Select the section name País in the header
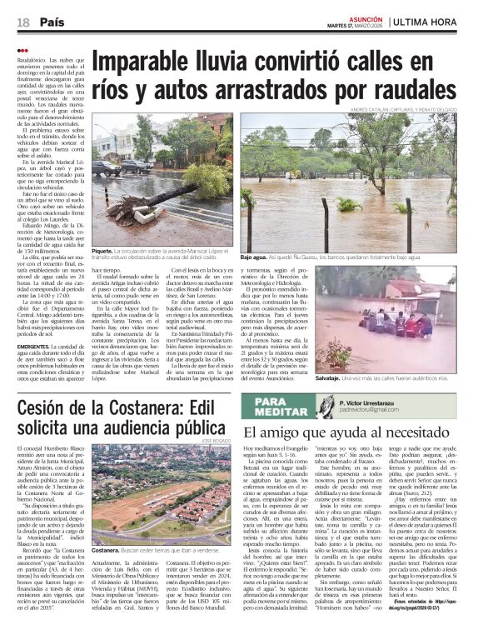tap(52, 21)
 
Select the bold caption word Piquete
tap(102, 250)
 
